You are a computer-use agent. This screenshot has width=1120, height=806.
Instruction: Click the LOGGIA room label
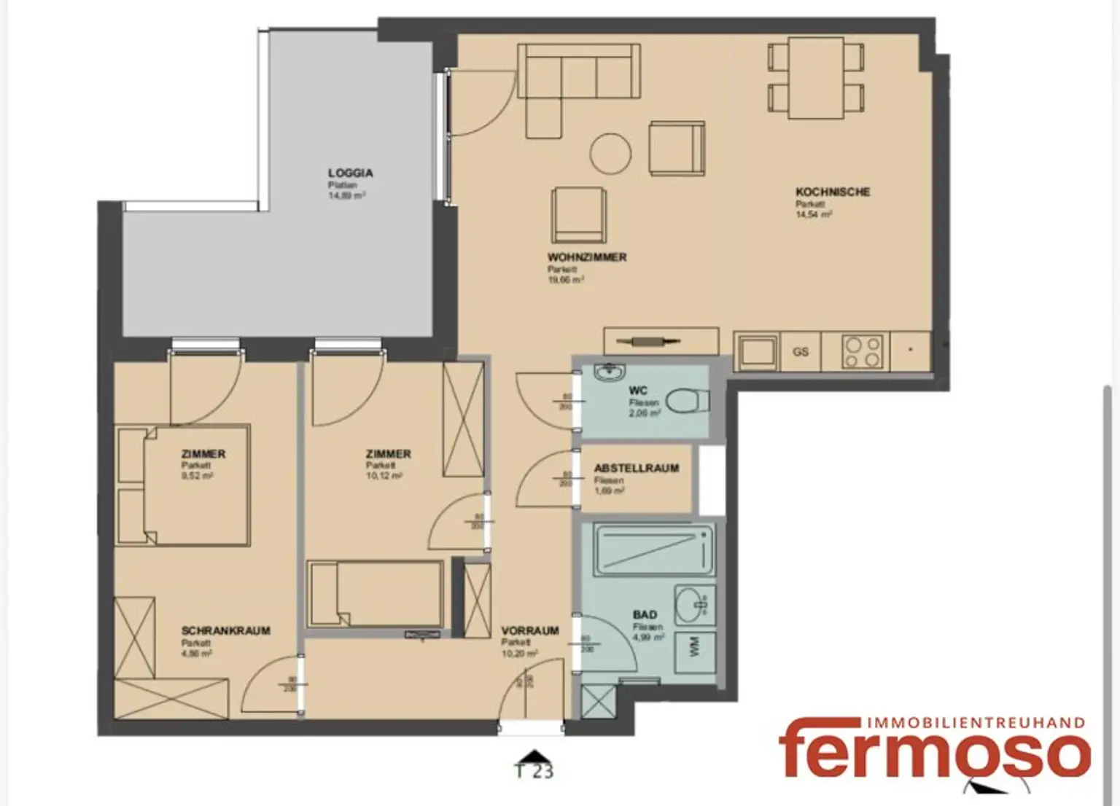350,173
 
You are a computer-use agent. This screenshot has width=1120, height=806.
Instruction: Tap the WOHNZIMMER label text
586,257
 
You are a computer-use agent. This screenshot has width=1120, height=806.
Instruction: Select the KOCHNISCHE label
832,192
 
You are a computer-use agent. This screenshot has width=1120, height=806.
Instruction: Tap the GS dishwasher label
800,352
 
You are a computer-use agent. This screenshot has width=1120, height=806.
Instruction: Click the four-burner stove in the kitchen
863,352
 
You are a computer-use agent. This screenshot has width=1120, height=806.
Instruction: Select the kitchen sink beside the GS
756,352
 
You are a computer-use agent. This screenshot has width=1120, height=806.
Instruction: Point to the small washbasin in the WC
605,373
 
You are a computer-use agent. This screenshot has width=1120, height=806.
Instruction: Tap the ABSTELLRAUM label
636,469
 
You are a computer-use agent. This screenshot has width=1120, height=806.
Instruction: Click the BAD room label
645,615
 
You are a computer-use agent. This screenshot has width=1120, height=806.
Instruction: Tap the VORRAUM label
529,631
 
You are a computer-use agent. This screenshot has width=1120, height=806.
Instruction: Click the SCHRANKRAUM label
225,631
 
